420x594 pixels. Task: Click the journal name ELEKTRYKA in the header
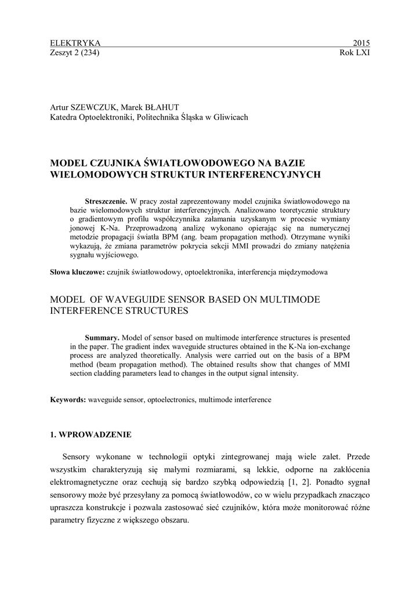pos(75,43)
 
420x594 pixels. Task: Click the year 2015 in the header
pos(361,43)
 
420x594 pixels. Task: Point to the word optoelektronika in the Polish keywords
pos(206,271)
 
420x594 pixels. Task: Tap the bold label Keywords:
pos(68,400)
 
